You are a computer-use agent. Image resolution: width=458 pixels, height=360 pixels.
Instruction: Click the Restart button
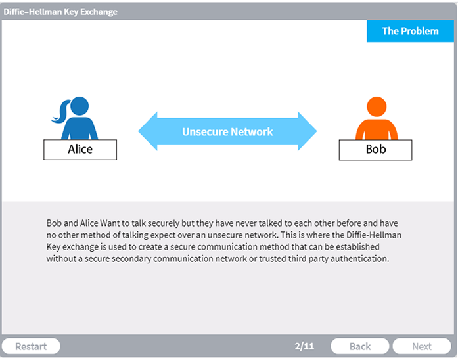point(31,346)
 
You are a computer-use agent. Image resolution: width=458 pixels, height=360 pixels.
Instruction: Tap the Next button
point(422,346)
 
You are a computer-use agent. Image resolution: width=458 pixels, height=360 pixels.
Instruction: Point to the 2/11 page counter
point(304,346)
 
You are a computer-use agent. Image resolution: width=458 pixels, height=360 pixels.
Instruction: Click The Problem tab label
point(411,31)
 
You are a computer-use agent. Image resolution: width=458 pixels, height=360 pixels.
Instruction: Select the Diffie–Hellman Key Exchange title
point(60,12)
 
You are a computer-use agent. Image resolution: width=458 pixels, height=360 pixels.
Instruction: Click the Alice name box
point(80,150)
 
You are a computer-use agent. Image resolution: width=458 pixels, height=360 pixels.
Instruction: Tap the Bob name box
point(376,150)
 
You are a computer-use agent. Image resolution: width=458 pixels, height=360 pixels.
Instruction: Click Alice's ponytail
point(61,112)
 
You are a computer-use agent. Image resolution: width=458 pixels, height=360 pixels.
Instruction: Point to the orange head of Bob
point(377,106)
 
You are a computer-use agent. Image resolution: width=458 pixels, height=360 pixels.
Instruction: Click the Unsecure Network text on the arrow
point(227,131)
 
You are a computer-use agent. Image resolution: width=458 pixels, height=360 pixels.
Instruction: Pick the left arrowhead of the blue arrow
point(148,131)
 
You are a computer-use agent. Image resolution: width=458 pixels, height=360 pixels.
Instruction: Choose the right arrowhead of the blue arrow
point(308,131)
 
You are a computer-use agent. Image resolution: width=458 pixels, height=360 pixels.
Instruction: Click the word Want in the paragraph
point(110,223)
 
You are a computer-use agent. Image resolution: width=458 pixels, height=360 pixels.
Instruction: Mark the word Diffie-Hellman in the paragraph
point(374,235)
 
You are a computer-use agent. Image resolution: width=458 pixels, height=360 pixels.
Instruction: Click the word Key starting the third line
point(53,247)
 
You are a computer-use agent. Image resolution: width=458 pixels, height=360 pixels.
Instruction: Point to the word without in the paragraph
point(61,258)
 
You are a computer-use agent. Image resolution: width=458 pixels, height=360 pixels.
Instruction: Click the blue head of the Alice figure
point(80,106)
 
